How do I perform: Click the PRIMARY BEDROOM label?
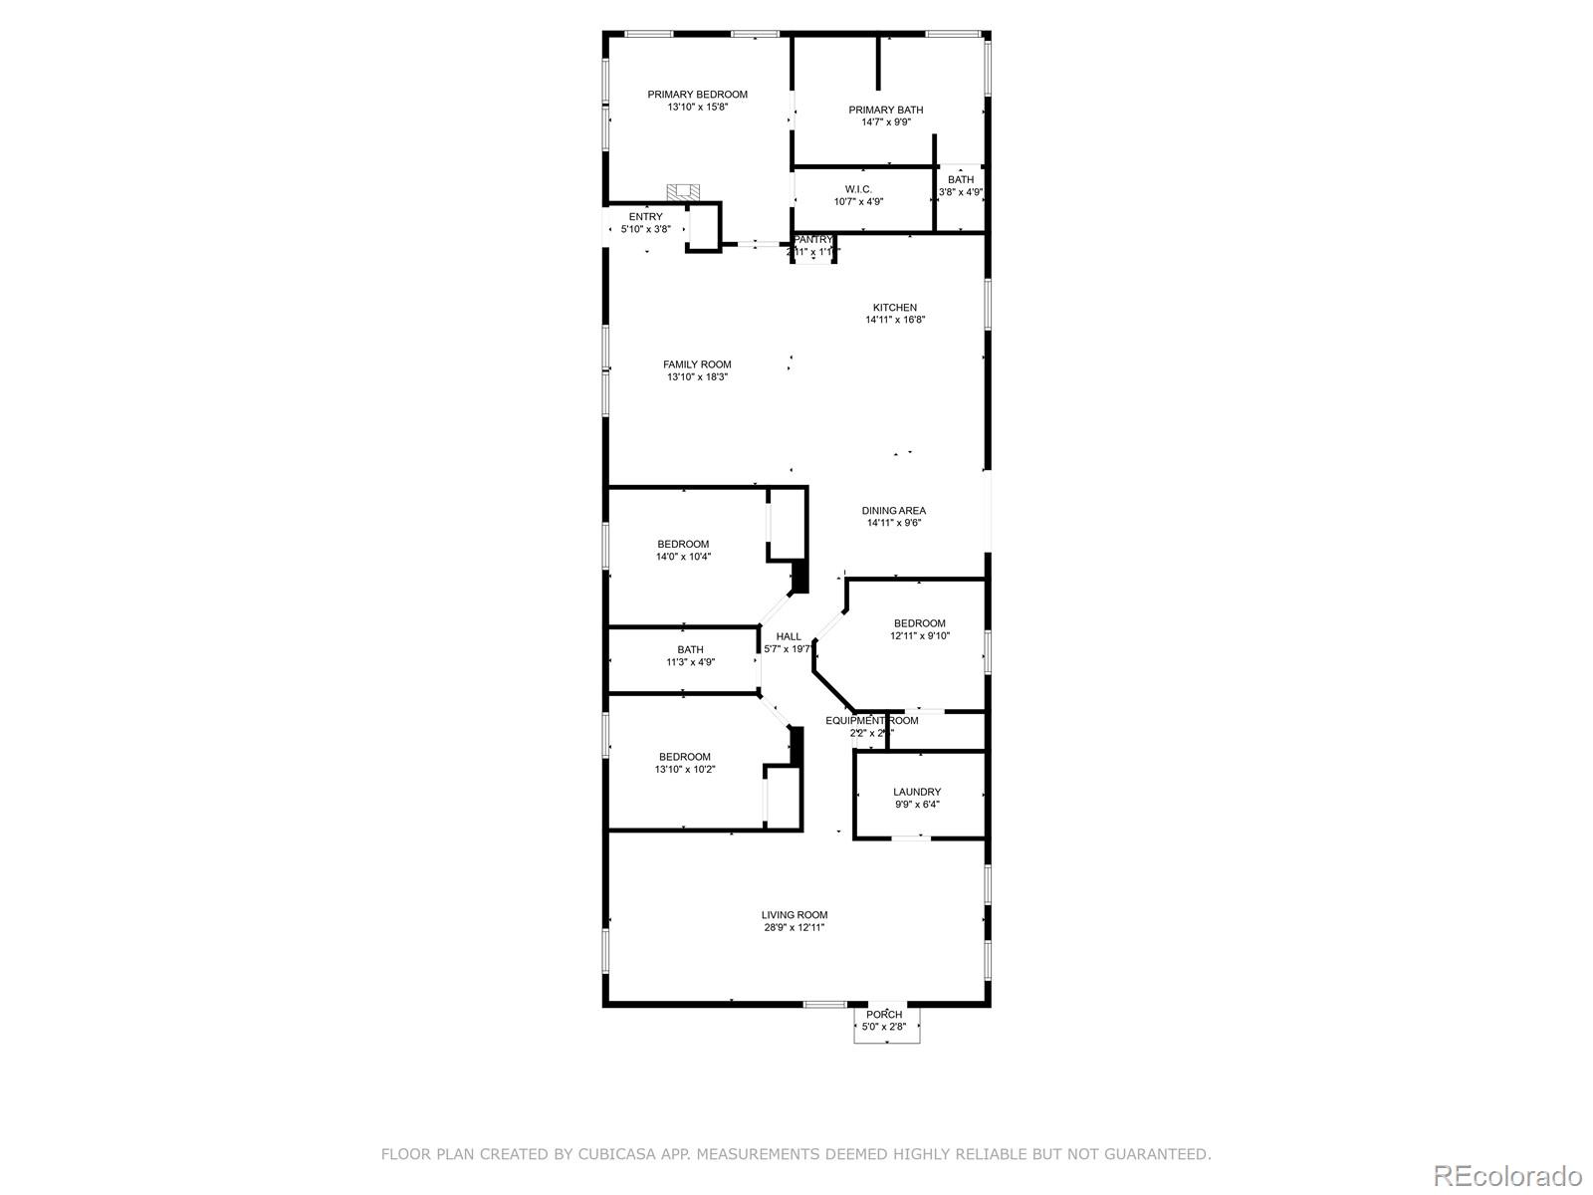pos(697,95)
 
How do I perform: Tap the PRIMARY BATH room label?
pos(885,110)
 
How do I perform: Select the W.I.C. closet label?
pos(858,189)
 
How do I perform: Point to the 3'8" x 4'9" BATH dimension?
pos(961,192)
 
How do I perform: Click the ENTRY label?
pos(645,217)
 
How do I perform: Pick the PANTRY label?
pos(813,240)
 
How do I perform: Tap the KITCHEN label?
pos(895,308)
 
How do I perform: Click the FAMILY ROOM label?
pos(697,364)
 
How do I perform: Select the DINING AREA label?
pos(893,511)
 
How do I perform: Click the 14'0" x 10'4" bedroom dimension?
pos(683,557)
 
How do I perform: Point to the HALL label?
pos(789,636)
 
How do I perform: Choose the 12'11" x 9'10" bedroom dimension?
pos(919,635)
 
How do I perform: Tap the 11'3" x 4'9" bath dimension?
pos(690,662)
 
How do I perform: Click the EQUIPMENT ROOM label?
pos(871,720)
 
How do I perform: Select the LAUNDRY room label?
pos(916,792)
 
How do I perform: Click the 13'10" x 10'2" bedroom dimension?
pos(684,769)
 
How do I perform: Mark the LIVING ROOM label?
pos(794,915)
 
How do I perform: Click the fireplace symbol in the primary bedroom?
pos(683,193)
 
